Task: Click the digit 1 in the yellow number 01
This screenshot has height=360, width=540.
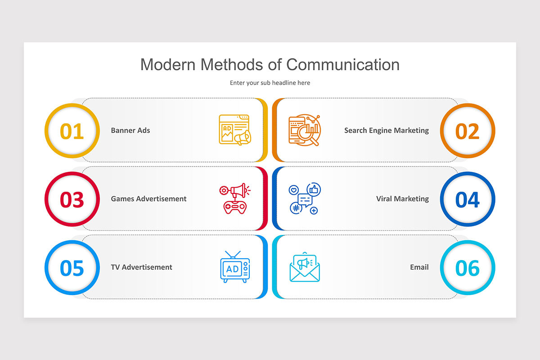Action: pos(79,131)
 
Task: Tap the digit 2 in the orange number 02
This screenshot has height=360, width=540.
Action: pos(473,131)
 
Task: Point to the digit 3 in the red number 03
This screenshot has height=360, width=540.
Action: pos(78,200)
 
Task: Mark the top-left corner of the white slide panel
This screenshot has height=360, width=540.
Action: pos(24,42)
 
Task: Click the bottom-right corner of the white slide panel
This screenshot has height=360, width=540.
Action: pos(516,318)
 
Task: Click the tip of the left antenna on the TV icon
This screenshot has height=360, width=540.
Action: pos(225,251)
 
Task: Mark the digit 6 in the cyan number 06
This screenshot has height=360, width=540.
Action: pos(473,268)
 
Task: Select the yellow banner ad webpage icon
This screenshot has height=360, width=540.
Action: pos(235,130)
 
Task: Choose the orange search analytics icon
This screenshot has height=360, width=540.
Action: pos(305,130)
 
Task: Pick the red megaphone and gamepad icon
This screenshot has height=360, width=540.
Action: pos(235,198)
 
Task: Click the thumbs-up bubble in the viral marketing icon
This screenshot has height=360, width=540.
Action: pos(314,189)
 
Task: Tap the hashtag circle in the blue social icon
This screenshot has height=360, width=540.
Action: pos(296,208)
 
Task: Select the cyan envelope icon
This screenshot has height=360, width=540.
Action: pos(305,267)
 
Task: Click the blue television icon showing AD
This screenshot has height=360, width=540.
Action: pos(235,267)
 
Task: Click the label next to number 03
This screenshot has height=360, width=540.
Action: pos(148,199)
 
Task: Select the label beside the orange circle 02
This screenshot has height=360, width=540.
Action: pos(387,130)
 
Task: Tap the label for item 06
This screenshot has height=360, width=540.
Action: pos(419,267)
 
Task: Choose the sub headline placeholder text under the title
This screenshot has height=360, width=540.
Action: pos(270,83)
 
